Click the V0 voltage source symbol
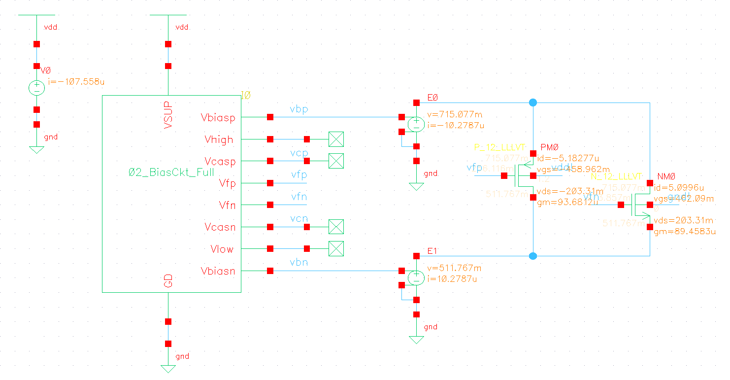(x=36, y=88)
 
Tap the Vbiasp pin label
(x=218, y=118)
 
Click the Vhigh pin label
(x=219, y=140)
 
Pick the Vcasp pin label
(x=220, y=162)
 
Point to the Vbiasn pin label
(x=218, y=271)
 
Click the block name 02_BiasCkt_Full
(x=171, y=173)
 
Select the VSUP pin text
(x=168, y=115)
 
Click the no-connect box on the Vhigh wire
(x=335, y=139)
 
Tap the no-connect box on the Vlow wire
(x=335, y=248)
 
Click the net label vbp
(x=299, y=109)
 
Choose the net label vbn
(x=299, y=263)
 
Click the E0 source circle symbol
(x=416, y=124)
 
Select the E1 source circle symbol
(x=416, y=277)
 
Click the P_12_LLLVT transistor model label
(x=499, y=148)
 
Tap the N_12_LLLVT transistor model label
(x=617, y=176)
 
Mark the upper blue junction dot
(x=533, y=103)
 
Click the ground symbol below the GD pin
(x=168, y=368)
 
